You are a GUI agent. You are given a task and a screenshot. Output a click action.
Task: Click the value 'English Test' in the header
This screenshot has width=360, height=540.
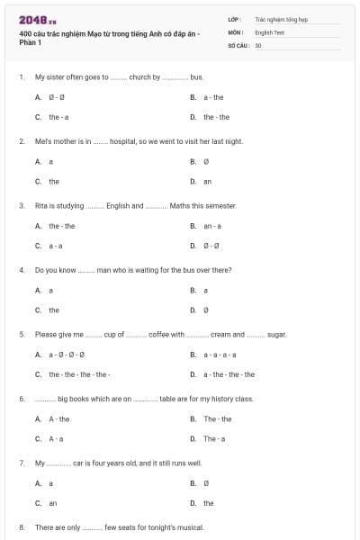269,31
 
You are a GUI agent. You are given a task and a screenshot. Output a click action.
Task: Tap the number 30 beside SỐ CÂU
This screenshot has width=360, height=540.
258,44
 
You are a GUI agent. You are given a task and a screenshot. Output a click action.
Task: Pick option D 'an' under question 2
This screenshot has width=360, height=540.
207,181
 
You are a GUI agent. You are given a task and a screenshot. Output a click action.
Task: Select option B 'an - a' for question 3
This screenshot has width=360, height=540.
212,225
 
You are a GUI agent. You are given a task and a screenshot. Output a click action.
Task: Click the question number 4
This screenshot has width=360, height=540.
21,270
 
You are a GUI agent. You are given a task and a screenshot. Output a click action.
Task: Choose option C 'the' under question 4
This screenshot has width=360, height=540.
54,310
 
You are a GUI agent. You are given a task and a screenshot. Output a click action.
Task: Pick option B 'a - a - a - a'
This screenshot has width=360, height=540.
221,354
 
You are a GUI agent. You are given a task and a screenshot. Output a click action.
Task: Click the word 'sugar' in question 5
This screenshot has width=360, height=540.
276,334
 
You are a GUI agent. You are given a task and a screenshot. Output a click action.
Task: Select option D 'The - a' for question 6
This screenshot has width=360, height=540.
214,438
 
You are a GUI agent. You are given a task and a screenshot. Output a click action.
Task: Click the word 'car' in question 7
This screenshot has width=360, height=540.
79,463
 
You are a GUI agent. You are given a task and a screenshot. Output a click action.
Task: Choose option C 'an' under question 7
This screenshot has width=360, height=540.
52,503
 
